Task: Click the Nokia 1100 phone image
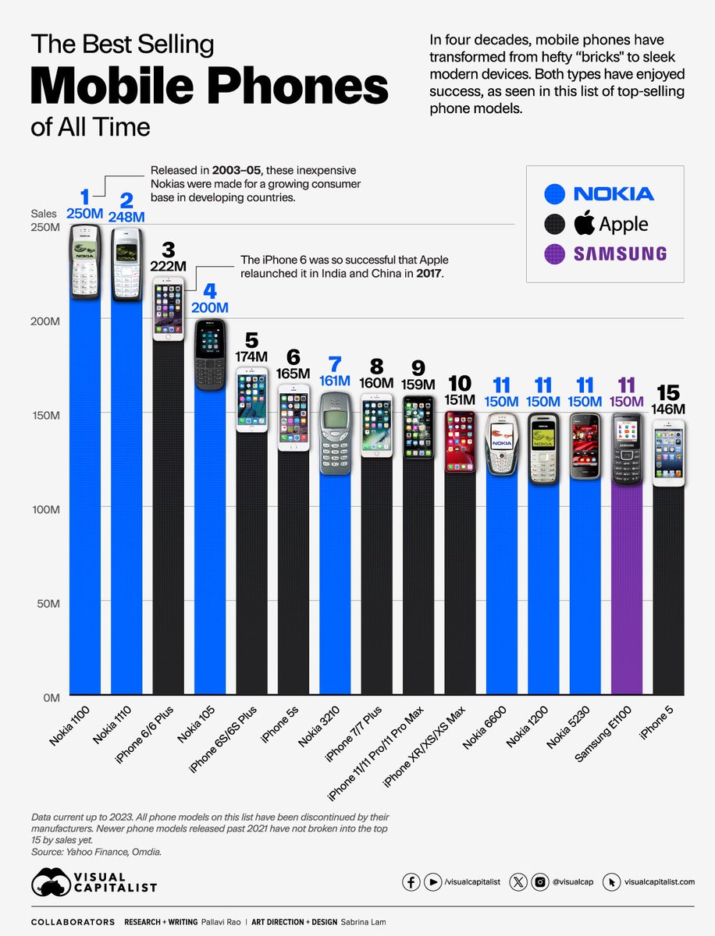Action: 85,261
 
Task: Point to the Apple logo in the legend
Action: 584,224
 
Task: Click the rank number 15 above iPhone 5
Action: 669,394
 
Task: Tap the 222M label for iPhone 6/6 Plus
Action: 169,267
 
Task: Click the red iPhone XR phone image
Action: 459,441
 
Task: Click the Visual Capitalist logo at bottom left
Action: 94,881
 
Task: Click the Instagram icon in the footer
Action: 539,881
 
